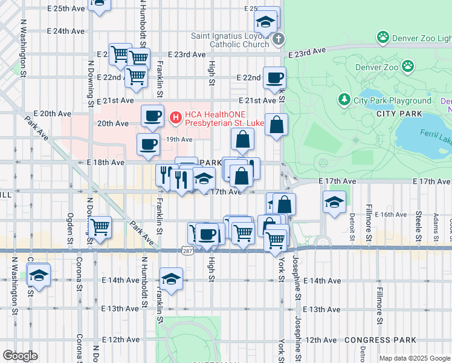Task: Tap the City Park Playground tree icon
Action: [344, 100]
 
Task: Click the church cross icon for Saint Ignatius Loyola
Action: [278, 40]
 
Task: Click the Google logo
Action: [21, 355]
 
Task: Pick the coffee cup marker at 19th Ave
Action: [148, 144]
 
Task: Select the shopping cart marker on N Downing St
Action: [100, 227]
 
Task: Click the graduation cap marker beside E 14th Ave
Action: [172, 279]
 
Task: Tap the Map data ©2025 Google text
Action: [415, 358]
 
